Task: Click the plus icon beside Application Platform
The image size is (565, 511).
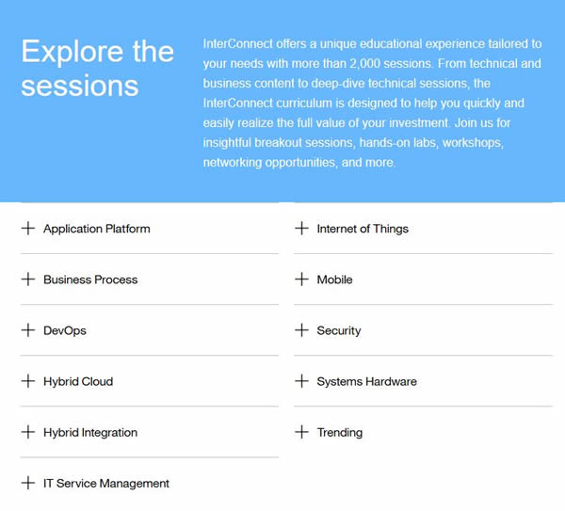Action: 28,229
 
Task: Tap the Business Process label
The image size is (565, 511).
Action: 90,279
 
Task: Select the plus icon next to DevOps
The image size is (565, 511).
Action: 28,330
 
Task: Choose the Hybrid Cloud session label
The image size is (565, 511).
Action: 78,382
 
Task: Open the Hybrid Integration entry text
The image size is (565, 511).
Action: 90,433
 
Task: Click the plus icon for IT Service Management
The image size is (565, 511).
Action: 28,483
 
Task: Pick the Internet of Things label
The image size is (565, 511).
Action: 363,229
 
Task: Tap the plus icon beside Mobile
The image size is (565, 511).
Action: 301,279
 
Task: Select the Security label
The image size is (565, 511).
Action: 339,331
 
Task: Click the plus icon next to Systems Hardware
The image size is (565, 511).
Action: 301,381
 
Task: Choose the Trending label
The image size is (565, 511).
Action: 340,433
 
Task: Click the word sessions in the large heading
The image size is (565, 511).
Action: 80,87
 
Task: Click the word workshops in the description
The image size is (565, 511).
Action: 473,143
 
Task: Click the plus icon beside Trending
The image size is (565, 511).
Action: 301,432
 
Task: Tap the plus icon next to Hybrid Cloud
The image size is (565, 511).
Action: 28,381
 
